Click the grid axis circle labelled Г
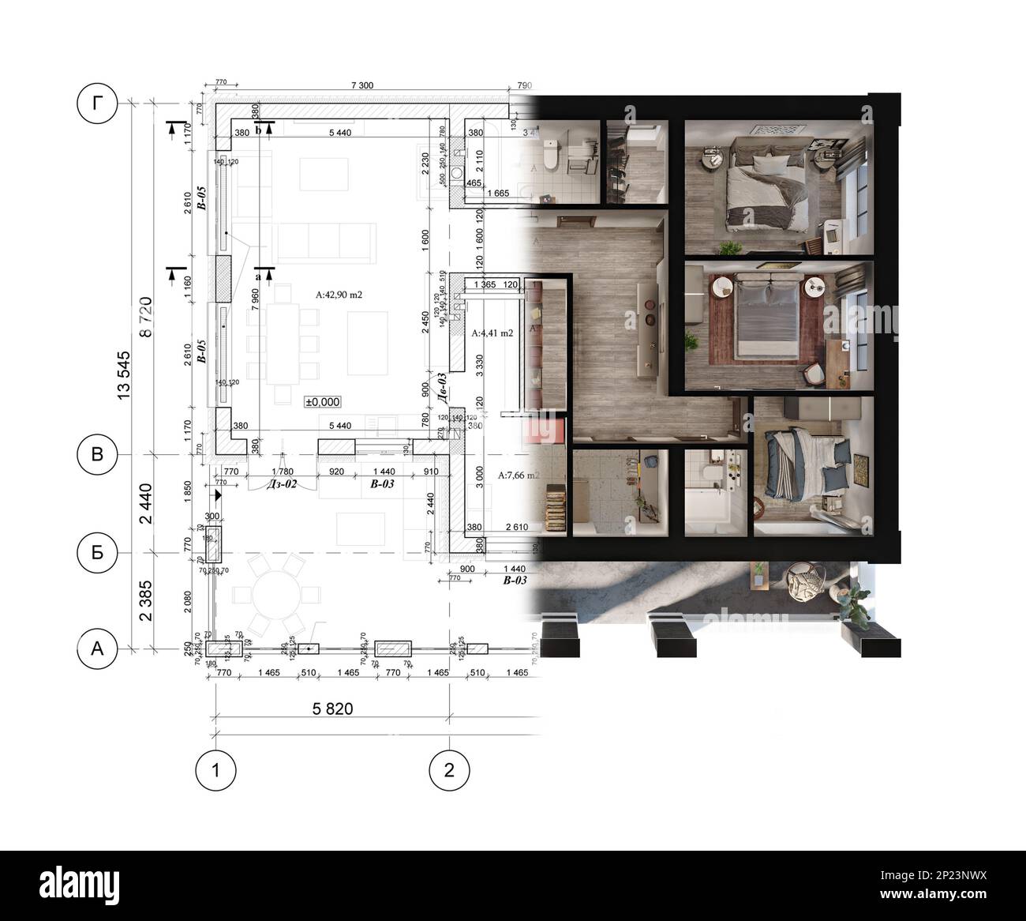97,103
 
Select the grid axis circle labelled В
97,454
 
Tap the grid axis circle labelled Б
97,552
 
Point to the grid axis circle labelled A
97,648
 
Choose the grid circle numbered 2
449,769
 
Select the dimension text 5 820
331,709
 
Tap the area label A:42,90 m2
339,295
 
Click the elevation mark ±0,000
323,401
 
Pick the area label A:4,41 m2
492,333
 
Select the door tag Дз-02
282,483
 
